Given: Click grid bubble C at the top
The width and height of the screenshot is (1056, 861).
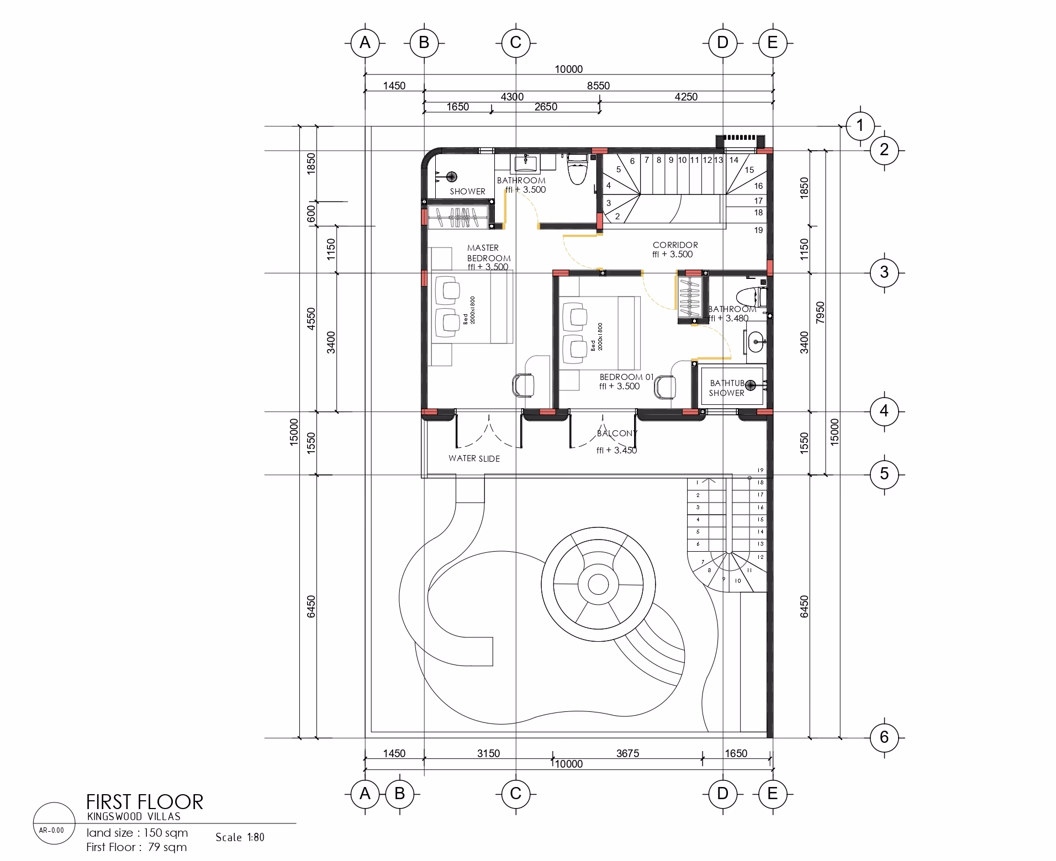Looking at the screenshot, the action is click(x=515, y=43).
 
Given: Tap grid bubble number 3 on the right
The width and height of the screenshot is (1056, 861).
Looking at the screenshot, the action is click(x=884, y=272).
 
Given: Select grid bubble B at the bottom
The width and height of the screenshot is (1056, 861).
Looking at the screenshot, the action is click(x=400, y=794).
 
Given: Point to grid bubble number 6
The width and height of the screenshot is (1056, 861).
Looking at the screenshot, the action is click(x=884, y=737).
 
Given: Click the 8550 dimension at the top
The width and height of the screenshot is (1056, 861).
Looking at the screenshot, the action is click(x=598, y=86).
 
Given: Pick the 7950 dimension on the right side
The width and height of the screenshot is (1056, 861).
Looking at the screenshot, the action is click(x=820, y=313).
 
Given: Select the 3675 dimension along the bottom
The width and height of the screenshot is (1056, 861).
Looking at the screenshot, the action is click(x=627, y=753).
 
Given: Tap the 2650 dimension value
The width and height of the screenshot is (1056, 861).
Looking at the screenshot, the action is click(x=546, y=107).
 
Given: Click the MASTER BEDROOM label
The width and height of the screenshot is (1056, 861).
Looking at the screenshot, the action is click(x=489, y=253).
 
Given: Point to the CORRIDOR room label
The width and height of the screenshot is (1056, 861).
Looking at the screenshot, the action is click(x=675, y=245).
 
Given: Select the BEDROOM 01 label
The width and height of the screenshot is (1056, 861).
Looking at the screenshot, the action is click(x=626, y=377).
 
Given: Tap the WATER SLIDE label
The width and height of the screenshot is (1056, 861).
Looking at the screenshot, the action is click(x=474, y=458).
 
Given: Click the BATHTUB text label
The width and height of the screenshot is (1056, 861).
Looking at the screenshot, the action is click(x=727, y=383).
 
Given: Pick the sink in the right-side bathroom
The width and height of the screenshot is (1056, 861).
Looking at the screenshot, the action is click(x=755, y=342).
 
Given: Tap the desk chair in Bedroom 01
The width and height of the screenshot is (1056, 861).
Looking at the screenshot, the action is click(x=665, y=387).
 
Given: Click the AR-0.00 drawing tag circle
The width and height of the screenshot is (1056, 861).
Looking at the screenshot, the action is click(x=54, y=823).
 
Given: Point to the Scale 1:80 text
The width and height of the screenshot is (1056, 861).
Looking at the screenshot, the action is click(x=240, y=837).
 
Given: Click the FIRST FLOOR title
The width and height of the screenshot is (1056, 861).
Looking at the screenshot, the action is click(x=145, y=802).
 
